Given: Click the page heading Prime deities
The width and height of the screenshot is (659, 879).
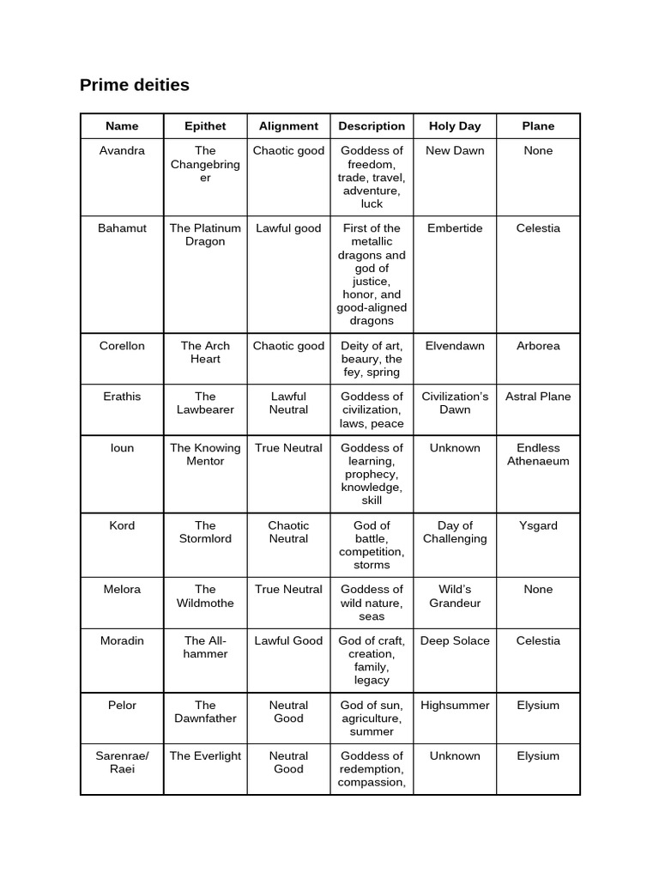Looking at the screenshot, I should pyautogui.click(x=135, y=85).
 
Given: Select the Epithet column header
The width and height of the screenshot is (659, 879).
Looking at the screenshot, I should pyautogui.click(x=205, y=126).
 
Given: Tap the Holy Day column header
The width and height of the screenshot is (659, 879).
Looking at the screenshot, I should pyautogui.click(x=455, y=126).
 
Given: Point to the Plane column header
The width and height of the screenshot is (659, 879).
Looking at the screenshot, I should pyautogui.click(x=538, y=126).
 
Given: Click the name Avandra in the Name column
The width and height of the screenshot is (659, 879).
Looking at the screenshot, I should pyautogui.click(x=122, y=151).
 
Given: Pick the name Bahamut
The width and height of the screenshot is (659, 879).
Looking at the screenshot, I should pyautogui.click(x=122, y=228).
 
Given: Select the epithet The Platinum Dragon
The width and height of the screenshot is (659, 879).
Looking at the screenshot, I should pyautogui.click(x=205, y=235).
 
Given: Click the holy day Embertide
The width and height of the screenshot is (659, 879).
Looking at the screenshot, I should pyautogui.click(x=455, y=228).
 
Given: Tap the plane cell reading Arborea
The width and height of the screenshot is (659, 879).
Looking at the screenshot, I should pyautogui.click(x=538, y=346).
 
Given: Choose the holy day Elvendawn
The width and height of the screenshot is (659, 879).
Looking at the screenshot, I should pyautogui.click(x=455, y=346).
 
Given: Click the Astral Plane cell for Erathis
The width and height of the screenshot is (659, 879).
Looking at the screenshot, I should pyautogui.click(x=538, y=397).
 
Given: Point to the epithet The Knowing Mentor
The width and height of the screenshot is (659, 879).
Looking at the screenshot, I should pyautogui.click(x=205, y=454).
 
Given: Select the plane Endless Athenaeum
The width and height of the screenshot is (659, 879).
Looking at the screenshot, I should pyautogui.click(x=538, y=454).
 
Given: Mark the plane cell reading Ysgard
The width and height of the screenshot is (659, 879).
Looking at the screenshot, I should pyautogui.click(x=538, y=525).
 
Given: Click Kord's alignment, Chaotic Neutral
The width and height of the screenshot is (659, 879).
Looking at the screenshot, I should pyautogui.click(x=288, y=532).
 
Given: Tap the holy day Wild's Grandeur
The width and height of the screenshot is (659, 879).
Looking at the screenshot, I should pyautogui.click(x=455, y=596).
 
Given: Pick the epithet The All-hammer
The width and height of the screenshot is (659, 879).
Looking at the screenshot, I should pyautogui.click(x=205, y=647).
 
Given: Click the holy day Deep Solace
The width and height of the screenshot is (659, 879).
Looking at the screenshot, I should pyautogui.click(x=455, y=640).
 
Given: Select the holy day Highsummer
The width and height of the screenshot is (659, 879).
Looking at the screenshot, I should pyautogui.click(x=455, y=706).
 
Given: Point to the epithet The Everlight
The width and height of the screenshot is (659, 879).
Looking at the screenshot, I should pyautogui.click(x=205, y=756).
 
